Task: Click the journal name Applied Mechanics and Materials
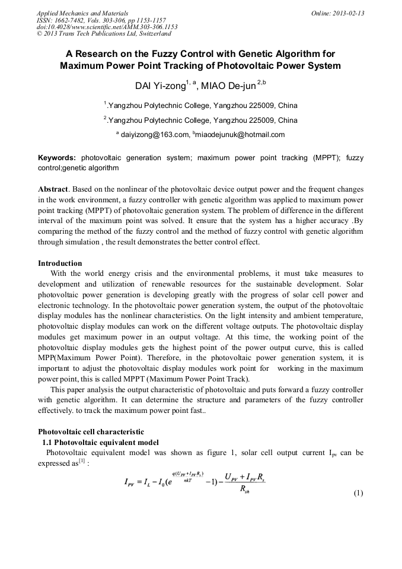click(82, 12)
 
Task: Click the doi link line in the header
click(107, 27)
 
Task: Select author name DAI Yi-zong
click(161, 86)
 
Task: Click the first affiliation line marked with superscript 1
click(200, 106)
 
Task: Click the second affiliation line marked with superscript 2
click(200, 120)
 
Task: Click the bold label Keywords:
click(57, 158)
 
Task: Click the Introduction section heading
click(60, 263)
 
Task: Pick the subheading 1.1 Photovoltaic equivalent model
click(100, 442)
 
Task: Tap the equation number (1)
click(358, 494)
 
